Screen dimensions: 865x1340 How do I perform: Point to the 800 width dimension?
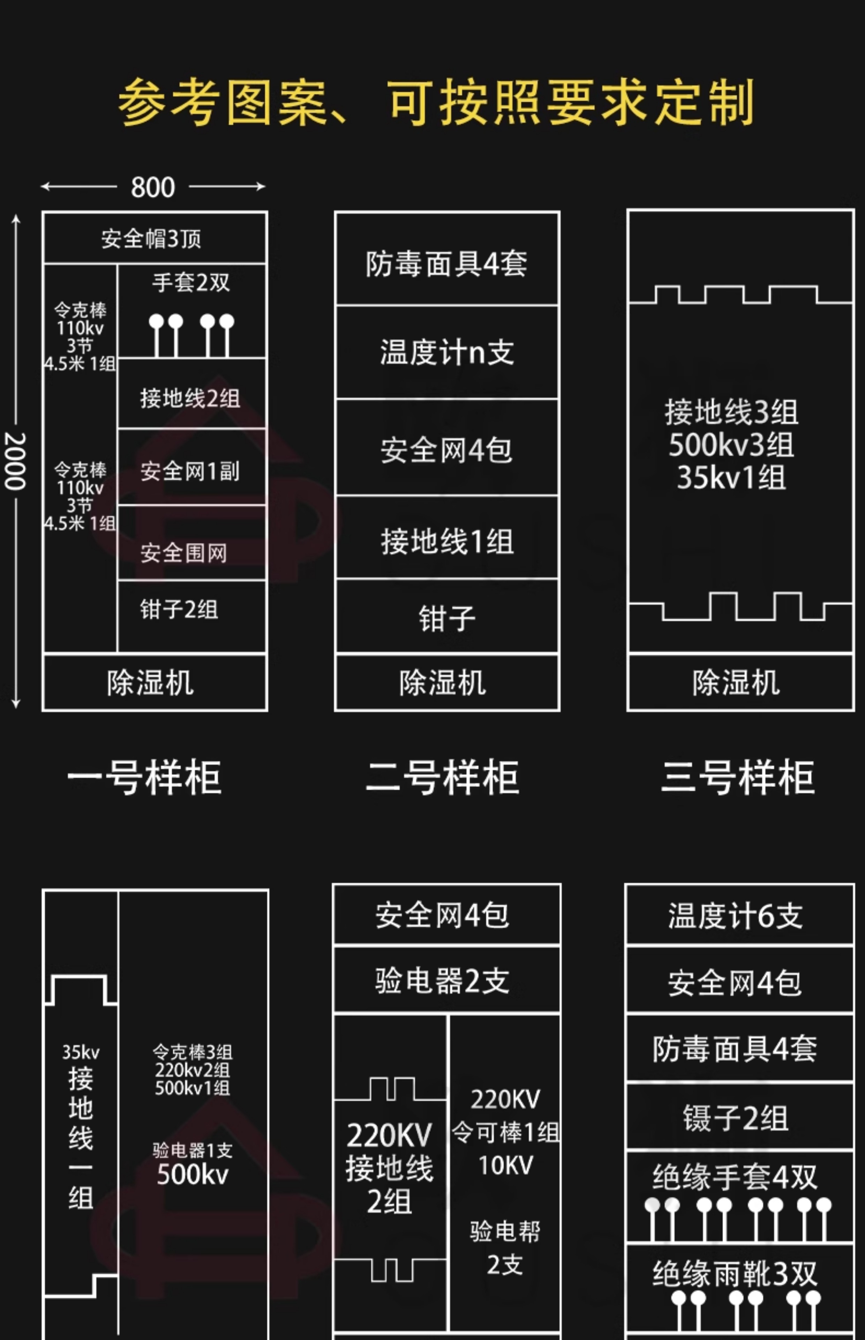coord(153,187)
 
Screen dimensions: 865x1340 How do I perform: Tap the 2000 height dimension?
coord(15,461)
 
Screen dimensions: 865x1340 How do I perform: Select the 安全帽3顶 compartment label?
coord(151,239)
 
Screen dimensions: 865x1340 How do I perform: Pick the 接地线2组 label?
coord(190,399)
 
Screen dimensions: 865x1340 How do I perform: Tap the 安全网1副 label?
coord(190,471)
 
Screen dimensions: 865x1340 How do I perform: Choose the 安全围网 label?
coord(184,553)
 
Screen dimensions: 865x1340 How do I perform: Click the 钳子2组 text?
coord(179,609)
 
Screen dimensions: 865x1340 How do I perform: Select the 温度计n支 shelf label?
coord(446,352)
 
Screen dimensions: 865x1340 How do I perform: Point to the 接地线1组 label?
coord(446,542)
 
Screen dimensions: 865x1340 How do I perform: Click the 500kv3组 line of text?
coord(731,445)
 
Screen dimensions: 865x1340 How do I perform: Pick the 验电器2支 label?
coord(442,981)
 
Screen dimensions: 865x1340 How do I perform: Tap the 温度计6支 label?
coord(735,916)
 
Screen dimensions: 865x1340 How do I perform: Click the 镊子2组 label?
coord(735,1118)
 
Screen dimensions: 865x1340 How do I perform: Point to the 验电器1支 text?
coord(192,1150)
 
